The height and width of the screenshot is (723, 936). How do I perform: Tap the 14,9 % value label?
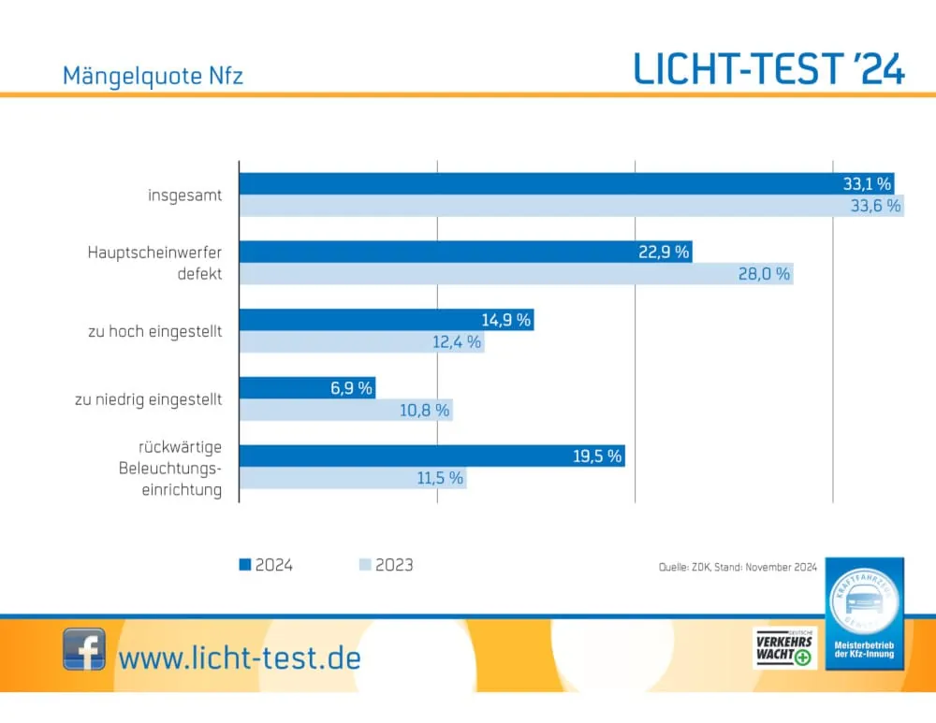click(x=506, y=320)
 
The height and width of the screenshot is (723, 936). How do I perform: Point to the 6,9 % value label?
click(x=352, y=388)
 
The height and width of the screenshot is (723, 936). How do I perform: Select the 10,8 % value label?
click(x=426, y=410)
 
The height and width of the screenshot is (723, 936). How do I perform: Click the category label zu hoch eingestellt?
click(x=155, y=331)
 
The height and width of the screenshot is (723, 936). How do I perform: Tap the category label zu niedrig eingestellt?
click(x=149, y=399)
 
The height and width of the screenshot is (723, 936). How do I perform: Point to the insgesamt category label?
click(x=185, y=195)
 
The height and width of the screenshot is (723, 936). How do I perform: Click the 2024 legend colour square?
click(x=245, y=565)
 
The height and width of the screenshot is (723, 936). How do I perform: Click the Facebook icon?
click(x=84, y=649)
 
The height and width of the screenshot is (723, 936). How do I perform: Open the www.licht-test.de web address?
click(x=240, y=657)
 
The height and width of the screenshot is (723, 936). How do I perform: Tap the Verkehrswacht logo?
click(x=783, y=648)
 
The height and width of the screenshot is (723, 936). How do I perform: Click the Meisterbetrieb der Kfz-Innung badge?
click(x=864, y=613)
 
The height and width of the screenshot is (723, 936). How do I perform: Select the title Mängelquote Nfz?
click(x=153, y=76)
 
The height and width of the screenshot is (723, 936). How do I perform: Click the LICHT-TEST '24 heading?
click(x=769, y=68)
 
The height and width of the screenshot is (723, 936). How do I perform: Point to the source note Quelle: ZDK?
click(x=738, y=568)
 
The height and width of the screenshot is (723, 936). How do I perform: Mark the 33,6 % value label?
click(x=875, y=206)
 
